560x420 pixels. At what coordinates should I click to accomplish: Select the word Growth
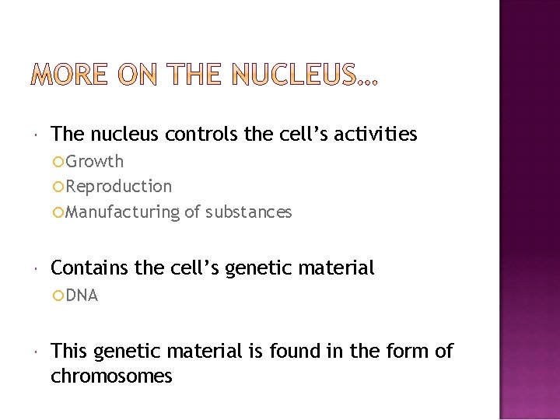(x=95, y=162)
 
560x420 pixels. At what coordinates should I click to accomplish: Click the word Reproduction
(x=119, y=187)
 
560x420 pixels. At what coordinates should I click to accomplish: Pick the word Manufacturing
(x=122, y=212)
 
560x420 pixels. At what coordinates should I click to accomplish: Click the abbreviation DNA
(x=82, y=296)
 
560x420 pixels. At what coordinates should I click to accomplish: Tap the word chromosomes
(x=111, y=376)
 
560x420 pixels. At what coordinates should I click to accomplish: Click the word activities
(x=376, y=135)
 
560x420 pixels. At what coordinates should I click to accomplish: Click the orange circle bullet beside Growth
(x=58, y=162)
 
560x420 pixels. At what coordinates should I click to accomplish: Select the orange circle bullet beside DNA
(x=58, y=296)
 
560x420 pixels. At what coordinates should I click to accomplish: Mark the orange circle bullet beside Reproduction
(x=58, y=187)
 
